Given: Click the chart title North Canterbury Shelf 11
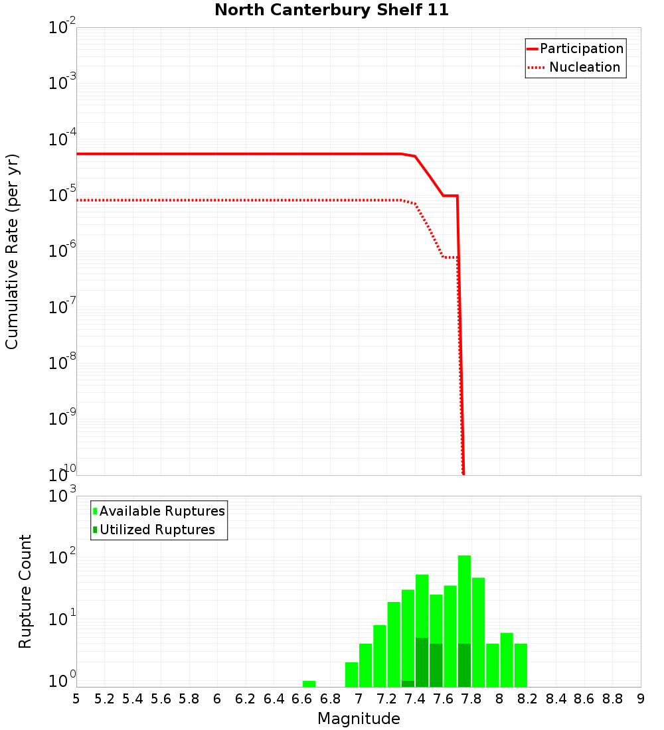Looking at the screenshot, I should click(331, 11).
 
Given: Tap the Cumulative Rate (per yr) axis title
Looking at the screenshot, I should click(12, 251).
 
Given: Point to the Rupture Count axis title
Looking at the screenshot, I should click(25, 591).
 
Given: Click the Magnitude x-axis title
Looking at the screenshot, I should click(359, 719).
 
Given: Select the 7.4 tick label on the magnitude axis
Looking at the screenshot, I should click(414, 699).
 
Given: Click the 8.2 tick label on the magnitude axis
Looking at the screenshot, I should click(528, 699).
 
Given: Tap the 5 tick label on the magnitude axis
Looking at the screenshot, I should click(76, 699).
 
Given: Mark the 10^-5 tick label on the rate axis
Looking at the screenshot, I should click(62, 196).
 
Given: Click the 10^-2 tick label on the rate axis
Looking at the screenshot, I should click(62, 29).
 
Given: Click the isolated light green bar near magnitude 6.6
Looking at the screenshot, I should click(309, 684).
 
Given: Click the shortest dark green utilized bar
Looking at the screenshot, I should click(408, 684).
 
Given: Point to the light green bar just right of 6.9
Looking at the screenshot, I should click(351, 674).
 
